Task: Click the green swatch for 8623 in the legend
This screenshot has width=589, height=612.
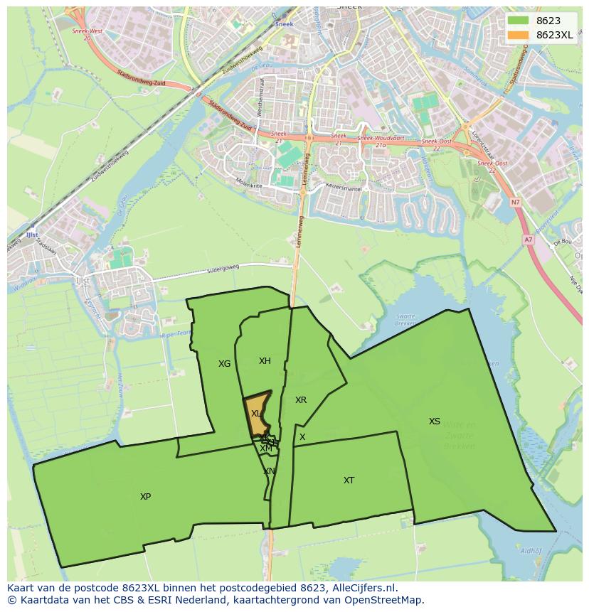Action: tap(519, 21)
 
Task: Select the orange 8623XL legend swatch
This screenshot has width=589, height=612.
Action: tap(519, 35)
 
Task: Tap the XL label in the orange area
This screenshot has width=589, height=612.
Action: tap(256, 413)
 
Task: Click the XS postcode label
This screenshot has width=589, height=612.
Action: tap(434, 422)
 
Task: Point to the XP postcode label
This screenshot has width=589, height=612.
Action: tap(145, 497)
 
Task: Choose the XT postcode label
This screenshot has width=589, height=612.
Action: tap(349, 481)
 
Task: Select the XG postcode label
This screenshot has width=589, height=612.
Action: tap(224, 364)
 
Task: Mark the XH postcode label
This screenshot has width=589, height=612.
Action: tap(265, 361)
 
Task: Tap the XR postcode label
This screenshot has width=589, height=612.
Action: tap(301, 400)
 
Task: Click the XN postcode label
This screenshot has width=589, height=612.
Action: tap(269, 471)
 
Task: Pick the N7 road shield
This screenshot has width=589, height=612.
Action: tap(515, 203)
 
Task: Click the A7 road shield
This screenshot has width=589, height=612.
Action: tap(528, 240)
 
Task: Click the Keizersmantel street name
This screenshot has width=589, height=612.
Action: tap(344, 189)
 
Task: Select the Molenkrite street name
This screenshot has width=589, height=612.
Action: tap(249, 183)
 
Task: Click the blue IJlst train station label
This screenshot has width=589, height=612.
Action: tap(30, 234)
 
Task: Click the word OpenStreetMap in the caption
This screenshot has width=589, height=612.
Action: tap(387, 600)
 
